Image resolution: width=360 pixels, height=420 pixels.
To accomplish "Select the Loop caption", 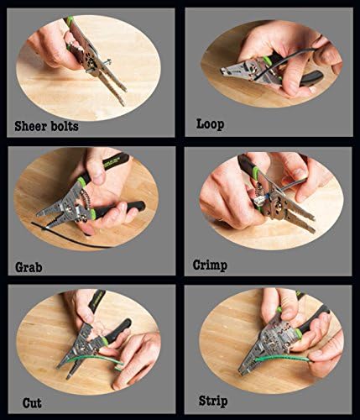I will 211,124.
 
